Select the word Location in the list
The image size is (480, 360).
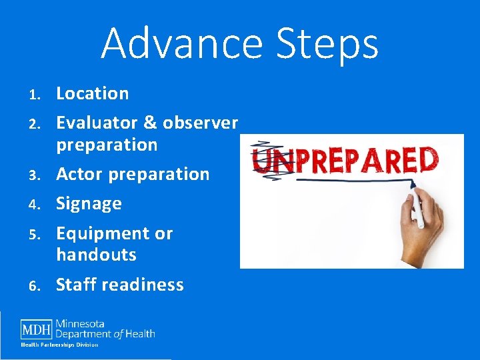92,93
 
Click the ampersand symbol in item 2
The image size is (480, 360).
149,123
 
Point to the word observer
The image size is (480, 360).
200,123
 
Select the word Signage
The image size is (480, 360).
89,204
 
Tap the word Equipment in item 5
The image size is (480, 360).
99,234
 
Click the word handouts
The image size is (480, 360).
96,255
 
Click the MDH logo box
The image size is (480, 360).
36,329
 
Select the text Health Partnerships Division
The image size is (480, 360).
59,345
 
